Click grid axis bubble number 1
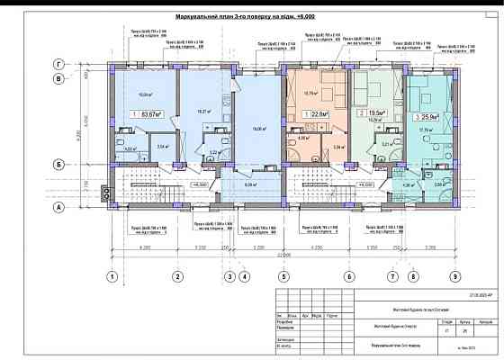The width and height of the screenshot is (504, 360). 113,276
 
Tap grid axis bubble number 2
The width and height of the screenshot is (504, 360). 178,276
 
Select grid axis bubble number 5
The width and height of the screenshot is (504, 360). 283,276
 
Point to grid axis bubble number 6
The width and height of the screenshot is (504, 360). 348,276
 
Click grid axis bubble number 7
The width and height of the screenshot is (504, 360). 393,276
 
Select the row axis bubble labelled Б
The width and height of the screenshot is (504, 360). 60,164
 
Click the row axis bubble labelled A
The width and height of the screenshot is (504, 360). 60,207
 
